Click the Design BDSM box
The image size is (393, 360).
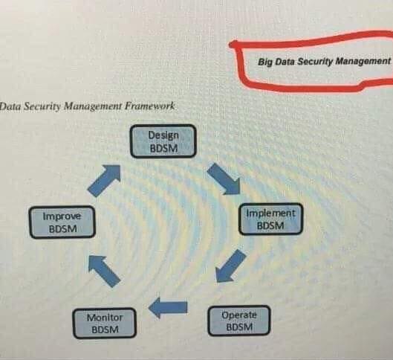[163, 141]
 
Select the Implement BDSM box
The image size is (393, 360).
[270, 219]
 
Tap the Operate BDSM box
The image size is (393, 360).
[239, 321]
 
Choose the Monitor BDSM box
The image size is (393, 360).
[105, 323]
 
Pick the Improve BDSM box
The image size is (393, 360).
[62, 222]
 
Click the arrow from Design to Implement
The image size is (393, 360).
[224, 179]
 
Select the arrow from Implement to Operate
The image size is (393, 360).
[231, 266]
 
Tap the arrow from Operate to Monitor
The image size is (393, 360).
[168, 308]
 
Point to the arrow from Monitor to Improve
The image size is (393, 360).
[104, 271]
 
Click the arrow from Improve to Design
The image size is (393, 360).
[104, 181]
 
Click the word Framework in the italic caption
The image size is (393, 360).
[149, 106]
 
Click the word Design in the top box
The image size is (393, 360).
[163, 135]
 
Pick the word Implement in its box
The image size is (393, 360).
[270, 213]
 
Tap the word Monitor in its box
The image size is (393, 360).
[105, 318]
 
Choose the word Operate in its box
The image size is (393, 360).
[239, 315]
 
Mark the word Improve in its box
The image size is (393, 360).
[62, 216]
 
